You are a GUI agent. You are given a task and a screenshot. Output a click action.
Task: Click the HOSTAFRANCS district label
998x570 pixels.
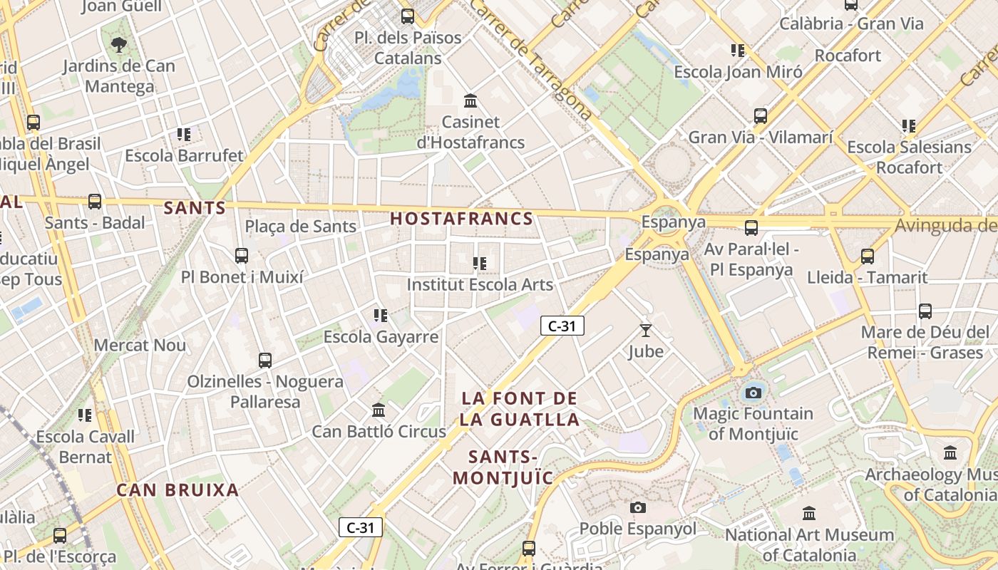462,219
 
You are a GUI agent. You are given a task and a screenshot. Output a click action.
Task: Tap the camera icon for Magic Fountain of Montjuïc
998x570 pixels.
753,393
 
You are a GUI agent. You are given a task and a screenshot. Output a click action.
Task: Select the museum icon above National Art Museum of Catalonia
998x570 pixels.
808,513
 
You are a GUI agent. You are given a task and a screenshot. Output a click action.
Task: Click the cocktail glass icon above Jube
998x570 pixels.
646,331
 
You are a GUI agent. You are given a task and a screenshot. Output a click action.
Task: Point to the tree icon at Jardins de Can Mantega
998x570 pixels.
119,45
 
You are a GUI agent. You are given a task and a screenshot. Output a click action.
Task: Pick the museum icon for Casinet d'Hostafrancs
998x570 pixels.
470,100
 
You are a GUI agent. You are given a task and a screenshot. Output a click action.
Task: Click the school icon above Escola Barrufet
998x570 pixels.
184,134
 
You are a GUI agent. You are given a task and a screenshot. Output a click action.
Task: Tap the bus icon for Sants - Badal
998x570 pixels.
95,202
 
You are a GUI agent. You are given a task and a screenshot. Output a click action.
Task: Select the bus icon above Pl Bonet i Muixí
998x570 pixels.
242,256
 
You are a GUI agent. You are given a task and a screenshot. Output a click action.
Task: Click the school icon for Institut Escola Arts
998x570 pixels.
480,264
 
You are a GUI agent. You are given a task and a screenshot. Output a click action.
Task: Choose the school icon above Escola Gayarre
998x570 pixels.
381,315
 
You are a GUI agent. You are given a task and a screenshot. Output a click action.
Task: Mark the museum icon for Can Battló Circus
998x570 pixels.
379,410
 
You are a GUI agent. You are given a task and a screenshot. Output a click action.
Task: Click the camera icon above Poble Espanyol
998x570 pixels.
638,507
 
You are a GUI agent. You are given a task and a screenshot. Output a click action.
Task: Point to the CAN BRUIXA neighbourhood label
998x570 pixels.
178,490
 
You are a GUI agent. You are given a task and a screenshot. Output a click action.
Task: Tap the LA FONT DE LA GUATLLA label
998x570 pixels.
519,409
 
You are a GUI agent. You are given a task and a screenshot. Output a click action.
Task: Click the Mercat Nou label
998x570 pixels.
140,346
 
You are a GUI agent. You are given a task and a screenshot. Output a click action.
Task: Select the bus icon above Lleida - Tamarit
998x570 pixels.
868,256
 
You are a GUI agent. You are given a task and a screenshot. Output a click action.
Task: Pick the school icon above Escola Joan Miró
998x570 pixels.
738,51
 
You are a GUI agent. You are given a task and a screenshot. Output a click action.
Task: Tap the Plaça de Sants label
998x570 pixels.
300,227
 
